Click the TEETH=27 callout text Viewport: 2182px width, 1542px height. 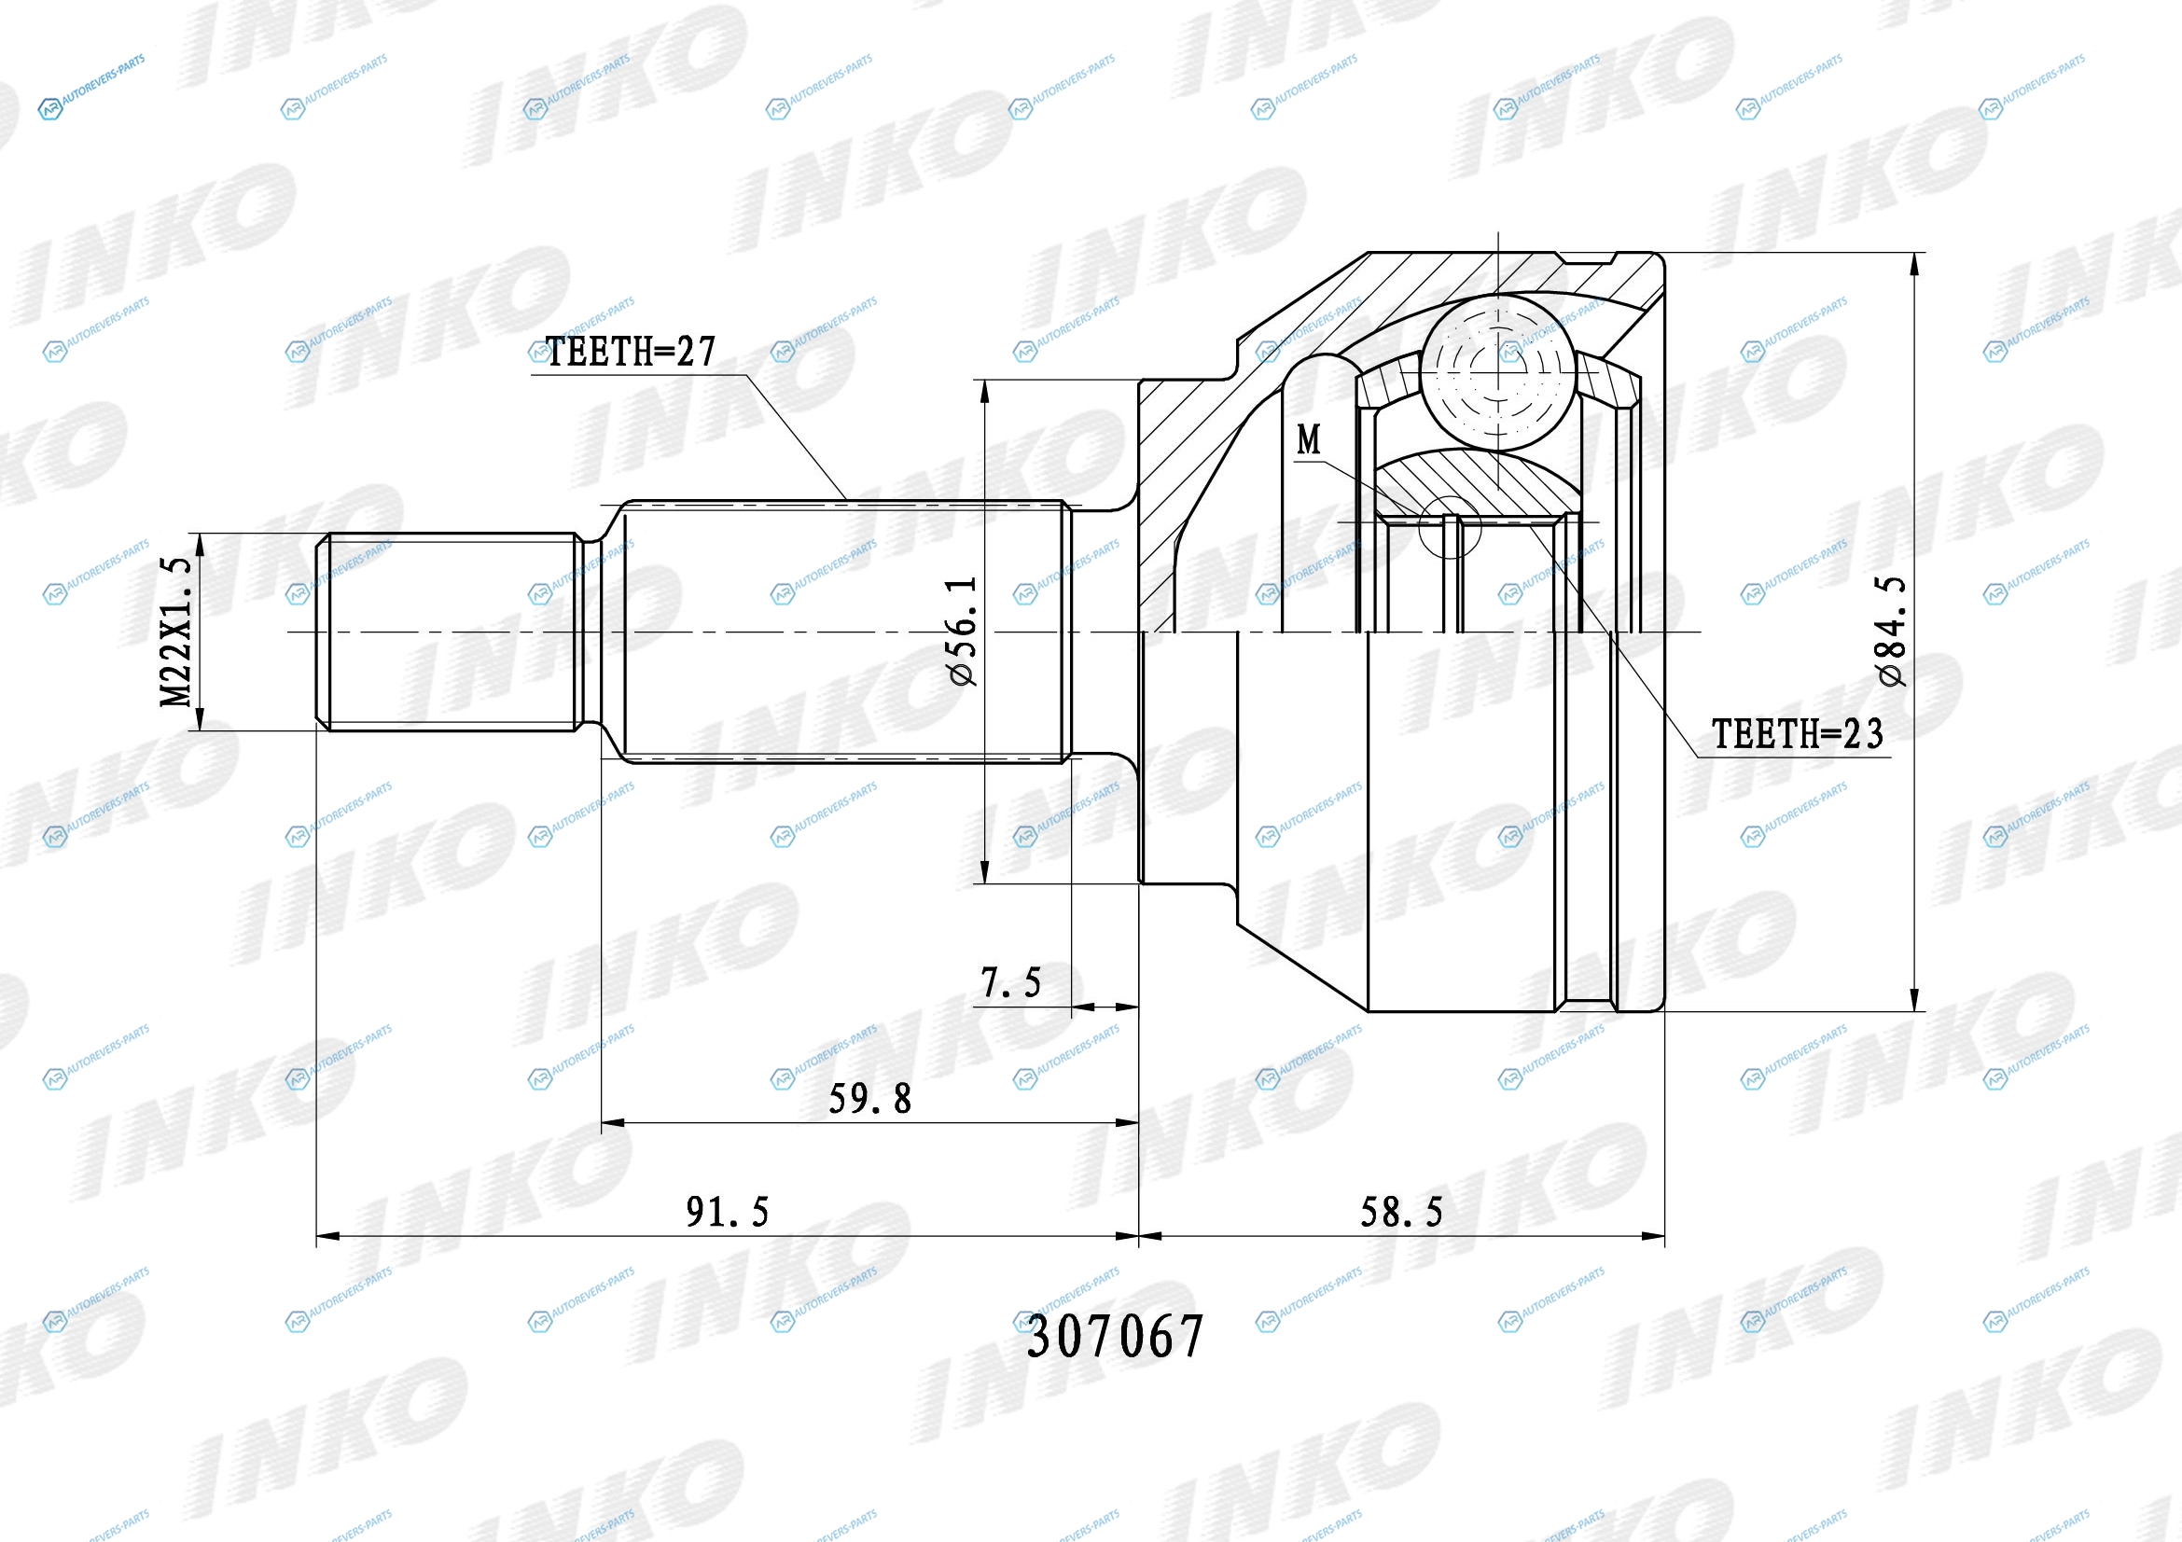630,352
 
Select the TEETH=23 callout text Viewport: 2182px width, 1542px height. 1797,733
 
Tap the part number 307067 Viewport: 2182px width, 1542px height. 1115,1337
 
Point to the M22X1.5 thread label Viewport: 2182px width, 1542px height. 175,632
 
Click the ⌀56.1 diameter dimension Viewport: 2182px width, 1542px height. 962,631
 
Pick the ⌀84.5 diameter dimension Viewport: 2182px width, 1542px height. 1891,631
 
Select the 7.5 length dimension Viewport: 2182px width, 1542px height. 1011,982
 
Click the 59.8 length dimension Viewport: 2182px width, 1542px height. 869,1099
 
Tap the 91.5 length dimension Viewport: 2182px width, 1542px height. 727,1213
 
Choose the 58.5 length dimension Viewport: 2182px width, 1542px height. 1402,1213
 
